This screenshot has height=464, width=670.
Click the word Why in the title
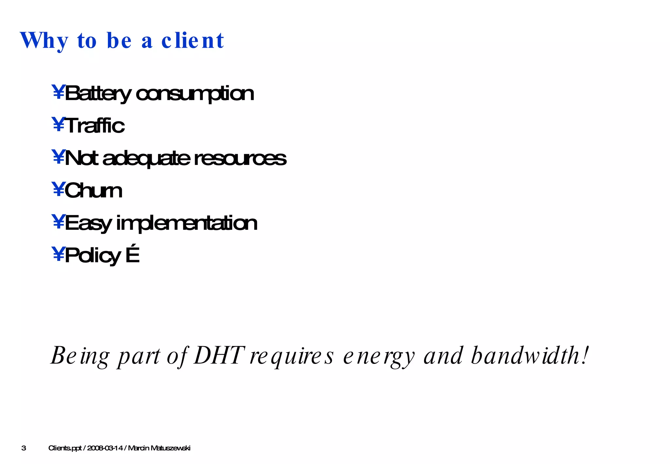(44, 41)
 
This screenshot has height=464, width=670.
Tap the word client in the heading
(193, 41)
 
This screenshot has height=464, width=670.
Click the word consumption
(195, 94)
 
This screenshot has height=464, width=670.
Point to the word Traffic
(95, 126)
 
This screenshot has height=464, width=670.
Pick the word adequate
(146, 158)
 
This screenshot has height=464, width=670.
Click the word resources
(240, 158)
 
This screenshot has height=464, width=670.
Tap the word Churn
(93, 190)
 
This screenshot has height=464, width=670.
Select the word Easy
(88, 223)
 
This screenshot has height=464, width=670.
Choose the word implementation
(187, 223)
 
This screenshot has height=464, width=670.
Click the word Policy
(93, 256)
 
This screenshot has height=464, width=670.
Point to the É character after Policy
(132, 255)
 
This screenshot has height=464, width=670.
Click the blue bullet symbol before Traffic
(58, 125)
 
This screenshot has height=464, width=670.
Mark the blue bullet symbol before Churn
(58, 189)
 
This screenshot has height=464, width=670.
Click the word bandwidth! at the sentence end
(530, 355)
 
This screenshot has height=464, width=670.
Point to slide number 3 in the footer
(24, 448)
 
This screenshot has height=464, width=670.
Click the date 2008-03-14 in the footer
(105, 448)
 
